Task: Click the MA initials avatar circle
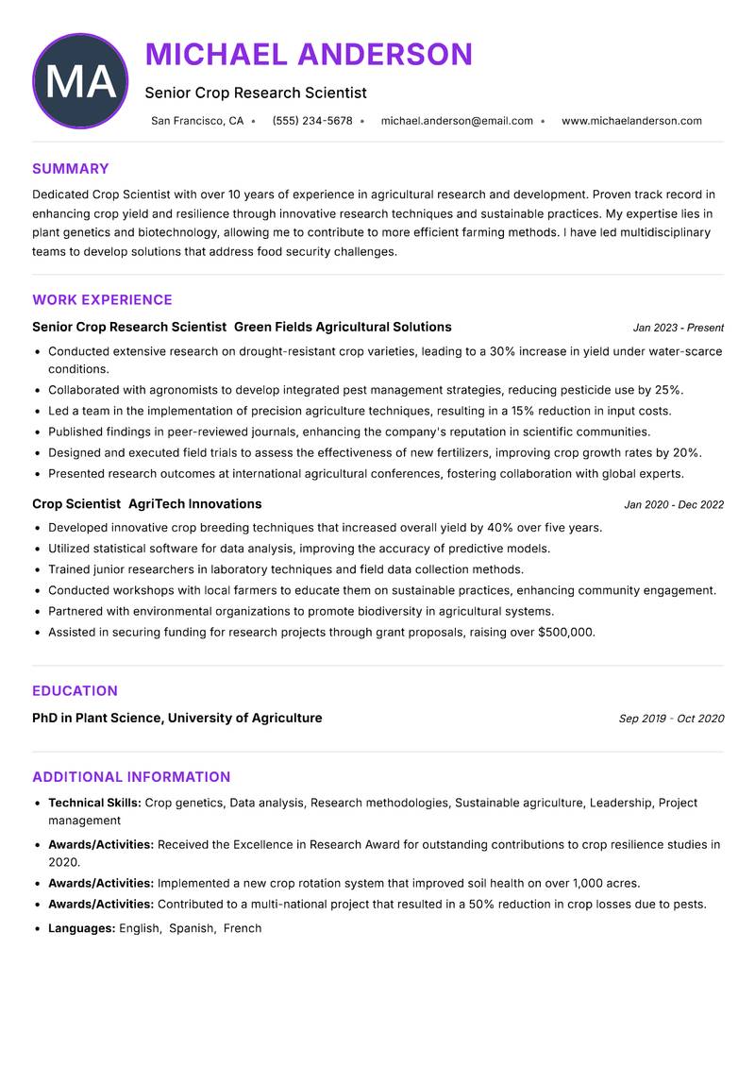point(80,81)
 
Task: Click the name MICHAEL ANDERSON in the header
point(309,55)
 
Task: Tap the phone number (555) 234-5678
point(312,121)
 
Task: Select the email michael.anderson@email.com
point(457,121)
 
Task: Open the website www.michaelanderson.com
point(631,121)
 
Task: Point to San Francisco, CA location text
point(197,121)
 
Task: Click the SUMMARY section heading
point(71,169)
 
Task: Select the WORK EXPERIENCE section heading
point(102,300)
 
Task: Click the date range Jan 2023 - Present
point(678,328)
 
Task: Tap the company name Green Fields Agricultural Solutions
point(343,327)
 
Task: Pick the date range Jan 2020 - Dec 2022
point(674,504)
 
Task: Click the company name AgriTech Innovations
point(194,504)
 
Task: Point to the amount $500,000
point(566,633)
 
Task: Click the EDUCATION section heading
point(75,691)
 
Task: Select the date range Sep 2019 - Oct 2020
point(671,719)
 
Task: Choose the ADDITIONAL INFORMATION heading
point(131,777)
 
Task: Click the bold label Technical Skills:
point(94,803)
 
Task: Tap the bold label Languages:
point(81,928)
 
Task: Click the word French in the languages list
point(243,928)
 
